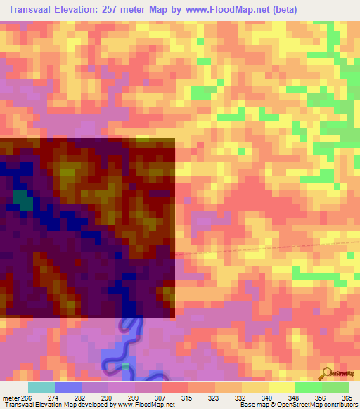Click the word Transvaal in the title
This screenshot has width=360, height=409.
[34, 10]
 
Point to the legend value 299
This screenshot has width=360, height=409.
[134, 397]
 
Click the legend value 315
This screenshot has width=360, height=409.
[187, 397]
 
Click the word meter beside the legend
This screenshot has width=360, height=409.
[11, 397]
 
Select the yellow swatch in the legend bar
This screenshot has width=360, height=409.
[281, 387]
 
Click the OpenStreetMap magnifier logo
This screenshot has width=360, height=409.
[327, 372]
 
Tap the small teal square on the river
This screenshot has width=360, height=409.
[125, 366]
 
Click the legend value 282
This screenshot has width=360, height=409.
[80, 397]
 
